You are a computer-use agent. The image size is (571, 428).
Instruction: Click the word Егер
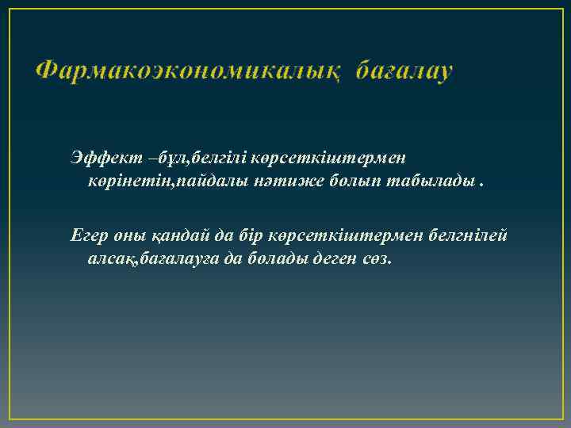coord(86,236)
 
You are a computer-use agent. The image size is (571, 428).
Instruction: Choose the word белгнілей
coord(468,236)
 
